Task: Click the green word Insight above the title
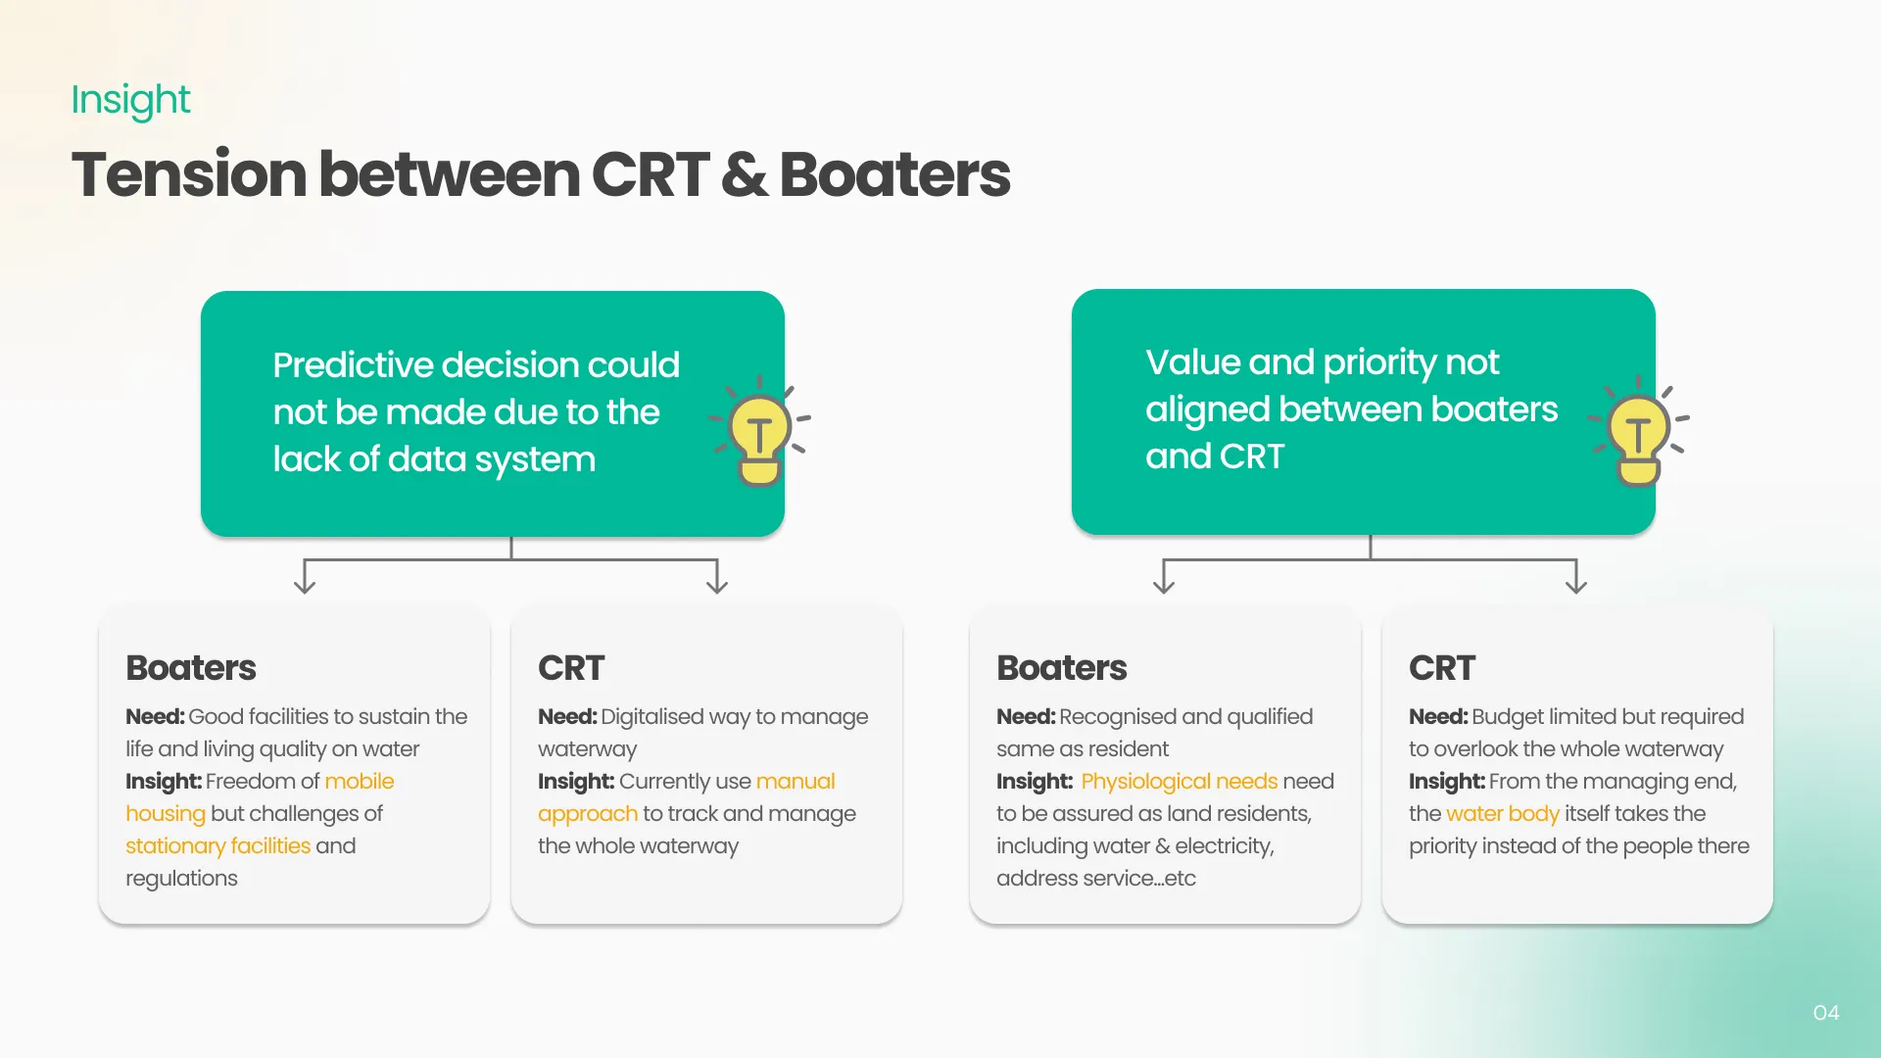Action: [130, 100]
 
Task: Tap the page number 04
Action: [1826, 1013]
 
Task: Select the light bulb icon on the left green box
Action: [760, 431]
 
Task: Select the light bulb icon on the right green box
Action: [1639, 431]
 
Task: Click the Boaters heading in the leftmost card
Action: [191, 668]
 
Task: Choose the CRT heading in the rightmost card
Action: [1442, 668]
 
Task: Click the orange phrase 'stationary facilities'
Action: [217, 846]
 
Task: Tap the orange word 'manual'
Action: [796, 782]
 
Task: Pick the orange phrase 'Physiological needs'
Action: [1180, 782]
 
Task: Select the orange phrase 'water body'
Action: [1503, 814]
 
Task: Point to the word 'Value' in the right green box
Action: [1193, 362]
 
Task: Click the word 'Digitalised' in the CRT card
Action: [651, 717]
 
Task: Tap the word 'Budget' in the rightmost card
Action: [1504, 717]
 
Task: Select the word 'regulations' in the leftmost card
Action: [181, 879]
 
